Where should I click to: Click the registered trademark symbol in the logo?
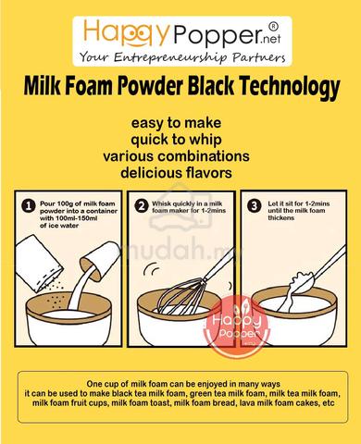pyautogui.click(x=273, y=27)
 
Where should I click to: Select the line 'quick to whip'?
pyautogui.click(x=176, y=140)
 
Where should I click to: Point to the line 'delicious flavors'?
pyautogui.click(x=176, y=173)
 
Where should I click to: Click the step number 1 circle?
pyautogui.click(x=29, y=206)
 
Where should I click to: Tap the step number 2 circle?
pyautogui.click(x=142, y=206)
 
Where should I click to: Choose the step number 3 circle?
pyautogui.click(x=255, y=206)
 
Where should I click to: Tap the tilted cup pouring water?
pyautogui.click(x=100, y=260)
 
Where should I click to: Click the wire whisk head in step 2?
pyautogui.click(x=181, y=295)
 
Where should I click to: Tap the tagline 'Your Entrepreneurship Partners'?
pyautogui.click(x=182, y=57)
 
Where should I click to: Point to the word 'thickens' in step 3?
pyautogui.click(x=280, y=218)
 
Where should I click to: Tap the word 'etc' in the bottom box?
pyautogui.click(x=328, y=403)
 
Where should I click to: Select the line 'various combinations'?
pyautogui.click(x=176, y=156)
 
